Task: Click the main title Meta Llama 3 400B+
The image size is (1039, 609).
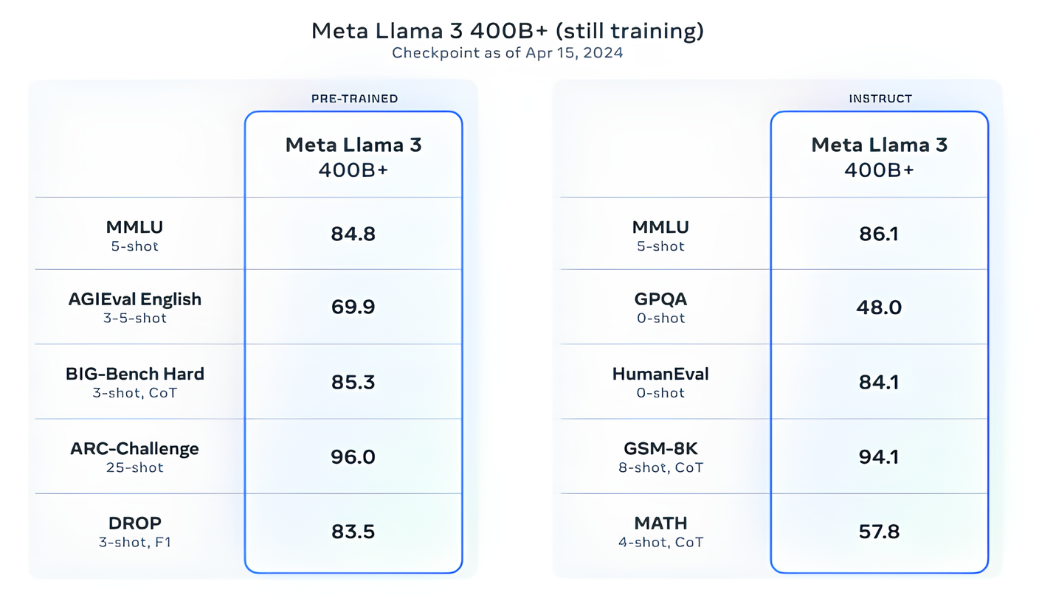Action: click(508, 32)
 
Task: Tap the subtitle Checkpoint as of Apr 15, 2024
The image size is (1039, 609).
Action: click(508, 54)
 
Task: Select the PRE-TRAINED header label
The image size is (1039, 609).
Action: click(354, 98)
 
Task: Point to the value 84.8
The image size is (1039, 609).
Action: click(353, 234)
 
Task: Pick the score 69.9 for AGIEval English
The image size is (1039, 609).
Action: click(353, 307)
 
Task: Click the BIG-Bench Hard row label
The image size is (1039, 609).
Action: click(135, 374)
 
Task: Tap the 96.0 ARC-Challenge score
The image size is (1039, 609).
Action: click(353, 456)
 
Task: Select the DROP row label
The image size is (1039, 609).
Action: click(135, 523)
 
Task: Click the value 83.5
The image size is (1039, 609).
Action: click(353, 532)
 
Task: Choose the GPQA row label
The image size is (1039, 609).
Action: click(660, 300)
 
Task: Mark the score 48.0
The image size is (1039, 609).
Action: click(879, 307)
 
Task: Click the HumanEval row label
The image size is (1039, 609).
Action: click(660, 374)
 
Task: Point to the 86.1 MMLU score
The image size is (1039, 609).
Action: click(879, 234)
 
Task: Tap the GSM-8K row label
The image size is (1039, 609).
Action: click(660, 448)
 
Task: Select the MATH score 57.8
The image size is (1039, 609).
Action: click(879, 532)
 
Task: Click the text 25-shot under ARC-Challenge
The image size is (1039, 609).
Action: click(135, 467)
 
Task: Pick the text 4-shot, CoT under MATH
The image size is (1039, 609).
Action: click(660, 542)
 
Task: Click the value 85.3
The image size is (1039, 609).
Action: click(353, 382)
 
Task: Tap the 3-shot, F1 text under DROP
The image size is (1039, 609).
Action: click(135, 542)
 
